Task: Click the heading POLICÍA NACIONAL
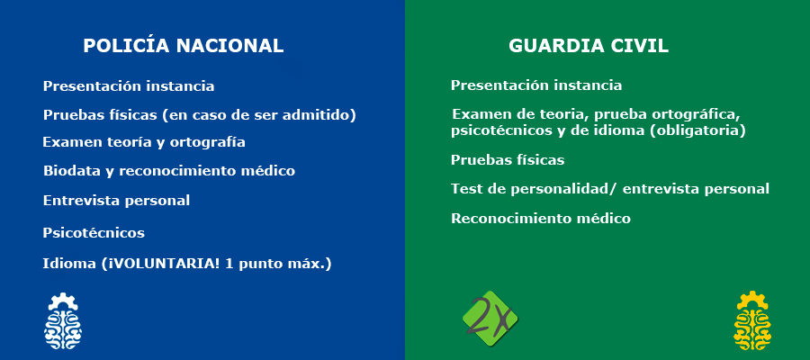point(184,46)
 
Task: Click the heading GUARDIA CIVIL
point(589,46)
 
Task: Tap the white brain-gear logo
point(62,320)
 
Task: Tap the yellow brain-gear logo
point(752,320)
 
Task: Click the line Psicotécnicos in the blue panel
point(94,233)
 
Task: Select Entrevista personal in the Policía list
point(116,201)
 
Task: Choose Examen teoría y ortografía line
point(144,142)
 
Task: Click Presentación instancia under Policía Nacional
point(129,85)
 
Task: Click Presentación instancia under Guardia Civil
point(536,85)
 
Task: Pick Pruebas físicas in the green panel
point(508,160)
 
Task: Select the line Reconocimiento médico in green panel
point(541,219)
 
